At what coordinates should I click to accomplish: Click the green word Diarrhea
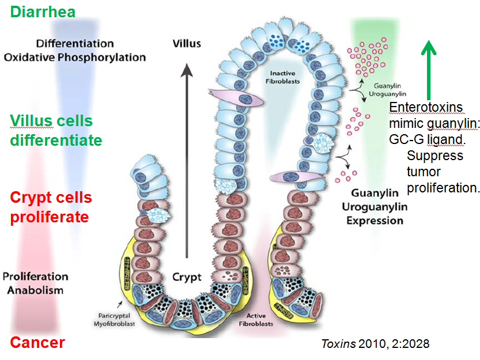point(43,12)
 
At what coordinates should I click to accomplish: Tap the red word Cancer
point(37,343)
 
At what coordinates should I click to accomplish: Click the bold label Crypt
point(187,277)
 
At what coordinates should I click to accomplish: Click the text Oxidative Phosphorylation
point(74,58)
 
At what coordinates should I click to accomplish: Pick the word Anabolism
point(35,290)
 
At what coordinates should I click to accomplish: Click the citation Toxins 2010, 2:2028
point(375,344)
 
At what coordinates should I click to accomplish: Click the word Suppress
point(434,156)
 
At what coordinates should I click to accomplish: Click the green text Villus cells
point(51,121)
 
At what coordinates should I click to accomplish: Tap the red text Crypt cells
point(51,198)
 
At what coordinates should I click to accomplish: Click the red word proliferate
point(49,217)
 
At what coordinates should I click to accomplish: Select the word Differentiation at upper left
point(74,44)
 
